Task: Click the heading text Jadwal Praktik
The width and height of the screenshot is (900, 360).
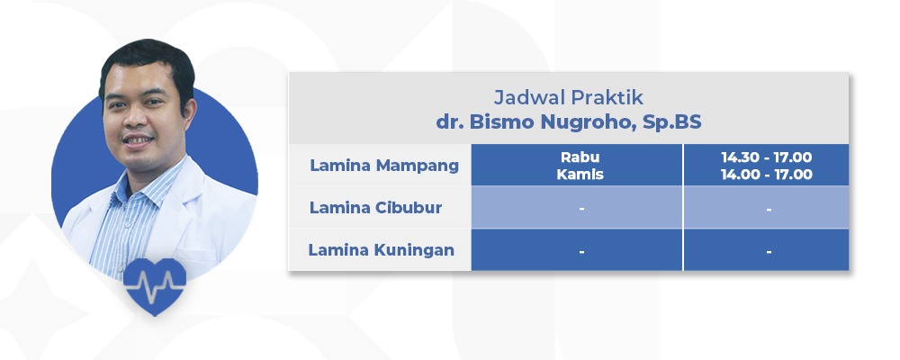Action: click(568, 97)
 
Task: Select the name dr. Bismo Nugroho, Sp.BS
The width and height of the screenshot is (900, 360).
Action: click(568, 122)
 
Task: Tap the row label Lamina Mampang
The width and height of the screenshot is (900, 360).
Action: click(384, 166)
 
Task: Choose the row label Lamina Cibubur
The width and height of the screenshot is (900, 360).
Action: click(375, 208)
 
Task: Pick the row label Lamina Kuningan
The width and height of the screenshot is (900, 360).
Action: click(381, 250)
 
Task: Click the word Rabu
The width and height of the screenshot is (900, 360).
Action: click(580, 157)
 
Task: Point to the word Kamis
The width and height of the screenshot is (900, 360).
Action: click(580, 175)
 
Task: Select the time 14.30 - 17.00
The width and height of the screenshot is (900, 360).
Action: click(766, 157)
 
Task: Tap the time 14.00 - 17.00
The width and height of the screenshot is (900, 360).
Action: click(766, 175)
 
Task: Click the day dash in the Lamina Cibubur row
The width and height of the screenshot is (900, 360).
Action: click(581, 209)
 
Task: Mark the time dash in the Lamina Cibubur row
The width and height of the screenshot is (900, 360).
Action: click(769, 209)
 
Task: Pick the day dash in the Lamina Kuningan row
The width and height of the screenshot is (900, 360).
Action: click(581, 251)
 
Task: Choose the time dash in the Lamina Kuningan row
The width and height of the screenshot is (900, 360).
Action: click(769, 251)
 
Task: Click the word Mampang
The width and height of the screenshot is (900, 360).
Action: click(418, 166)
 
